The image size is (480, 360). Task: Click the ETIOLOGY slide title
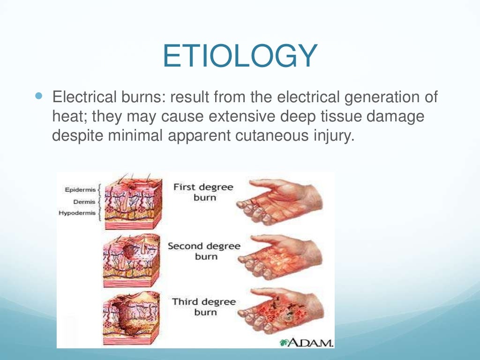click(x=240, y=56)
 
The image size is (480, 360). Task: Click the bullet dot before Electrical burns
click(x=39, y=96)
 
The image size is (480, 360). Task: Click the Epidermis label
click(x=80, y=190)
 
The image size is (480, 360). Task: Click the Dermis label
click(x=84, y=202)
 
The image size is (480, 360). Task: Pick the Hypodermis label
click(x=77, y=213)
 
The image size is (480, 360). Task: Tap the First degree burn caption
click(x=203, y=192)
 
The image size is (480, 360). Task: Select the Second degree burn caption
click(x=204, y=251)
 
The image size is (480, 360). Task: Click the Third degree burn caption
click(x=204, y=307)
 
